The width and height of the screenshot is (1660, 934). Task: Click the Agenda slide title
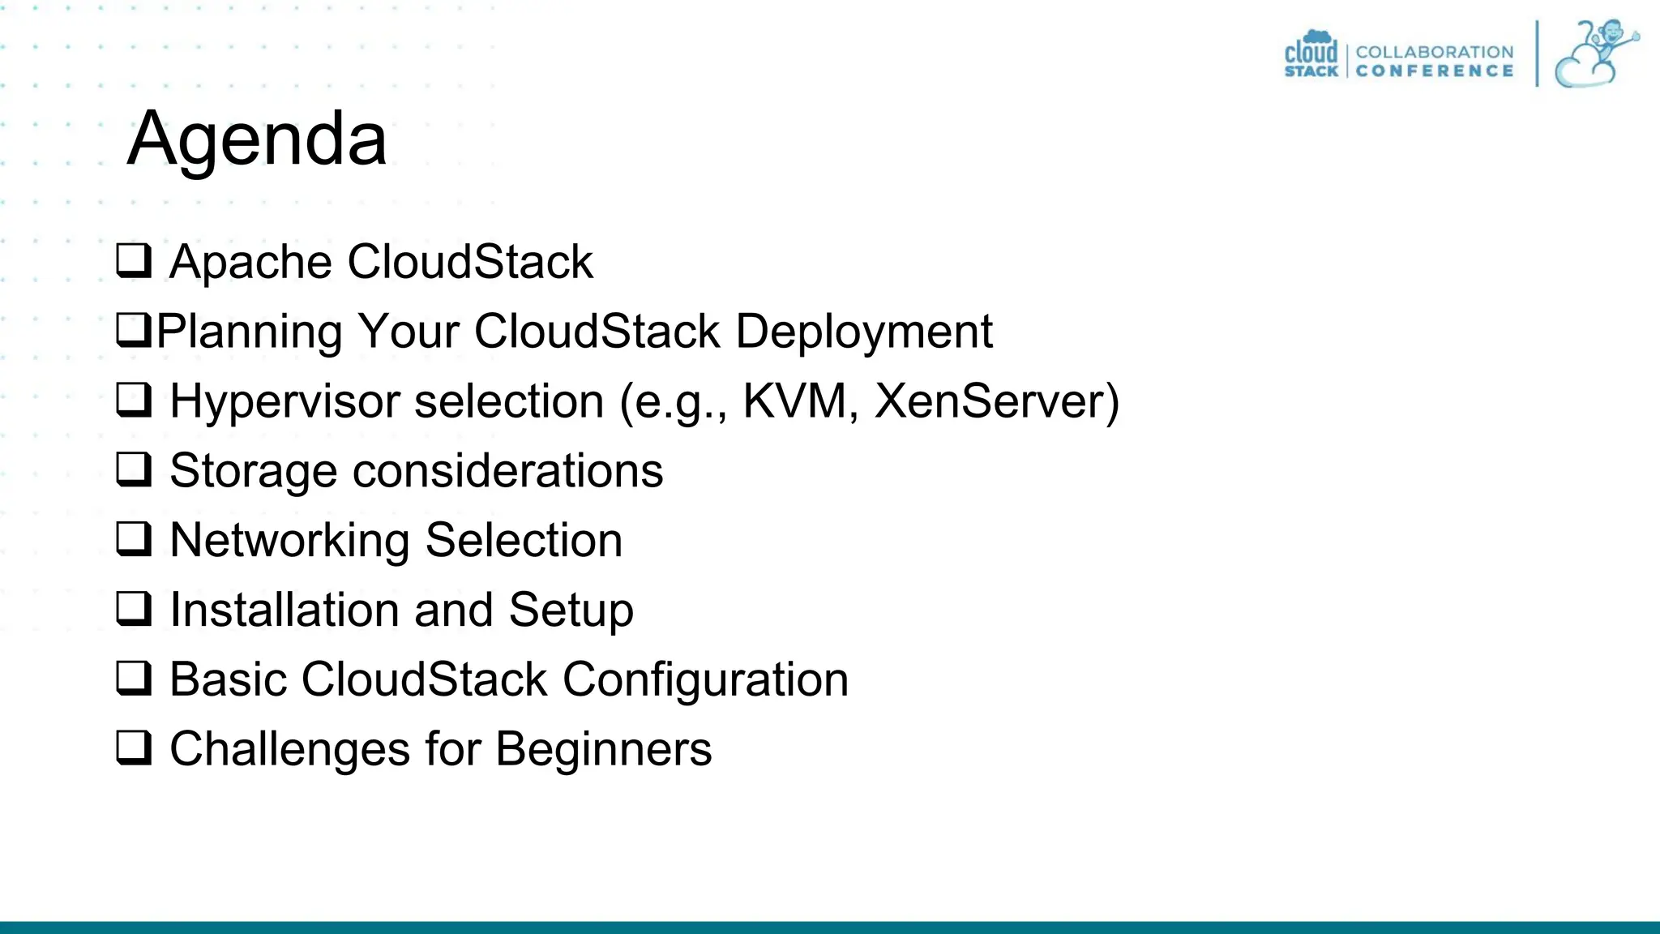tap(257, 139)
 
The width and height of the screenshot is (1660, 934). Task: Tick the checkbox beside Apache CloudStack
tap(134, 261)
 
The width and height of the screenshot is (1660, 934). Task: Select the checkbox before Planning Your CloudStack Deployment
tap(134, 331)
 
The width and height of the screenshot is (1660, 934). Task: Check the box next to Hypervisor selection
tap(134, 401)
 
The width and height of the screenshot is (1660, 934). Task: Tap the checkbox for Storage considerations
tap(134, 470)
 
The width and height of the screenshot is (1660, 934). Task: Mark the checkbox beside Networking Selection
tap(134, 540)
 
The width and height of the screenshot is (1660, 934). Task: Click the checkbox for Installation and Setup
tap(134, 609)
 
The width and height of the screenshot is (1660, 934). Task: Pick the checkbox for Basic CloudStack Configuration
tap(134, 679)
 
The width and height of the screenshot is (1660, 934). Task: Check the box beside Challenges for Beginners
tap(134, 748)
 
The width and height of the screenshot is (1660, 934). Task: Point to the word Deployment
tap(864, 332)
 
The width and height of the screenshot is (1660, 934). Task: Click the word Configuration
tap(705, 679)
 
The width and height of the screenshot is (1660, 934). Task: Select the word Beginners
tap(603, 749)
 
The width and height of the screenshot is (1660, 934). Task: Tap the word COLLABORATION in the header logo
tap(1434, 52)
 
